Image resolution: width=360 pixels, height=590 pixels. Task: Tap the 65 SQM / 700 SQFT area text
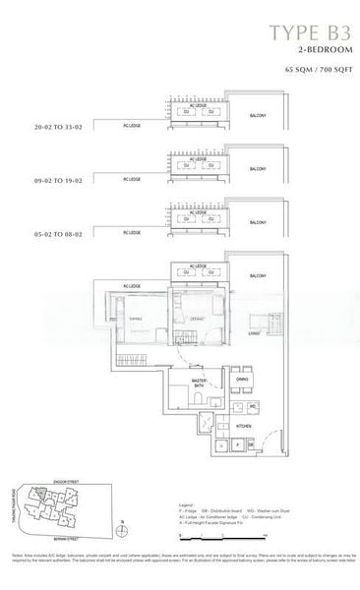[x=313, y=73]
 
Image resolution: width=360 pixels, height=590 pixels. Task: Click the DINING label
[x=242, y=380]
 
